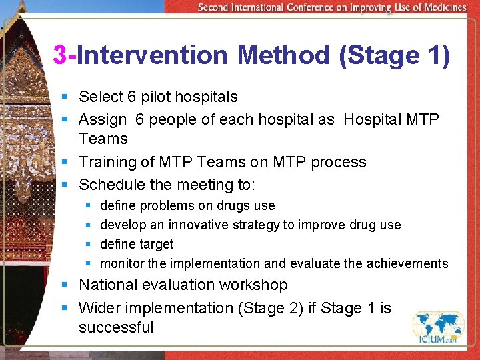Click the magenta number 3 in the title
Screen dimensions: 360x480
(60, 55)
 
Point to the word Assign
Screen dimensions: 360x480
(103, 119)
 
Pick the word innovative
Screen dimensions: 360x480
(199, 225)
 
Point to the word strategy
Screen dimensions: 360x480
(258, 225)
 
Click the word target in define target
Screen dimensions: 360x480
(156, 244)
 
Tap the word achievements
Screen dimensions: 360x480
(407, 263)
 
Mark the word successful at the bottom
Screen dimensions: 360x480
(116, 327)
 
